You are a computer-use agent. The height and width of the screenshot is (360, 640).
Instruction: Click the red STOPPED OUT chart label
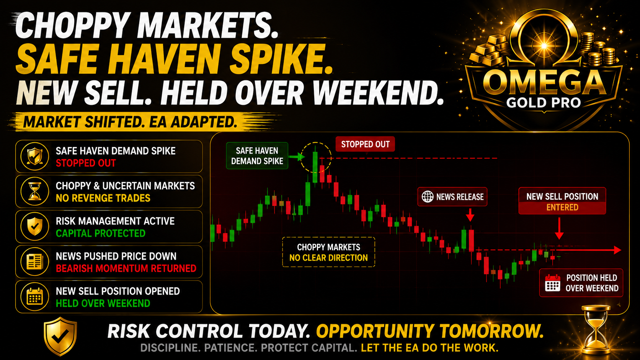click(365, 144)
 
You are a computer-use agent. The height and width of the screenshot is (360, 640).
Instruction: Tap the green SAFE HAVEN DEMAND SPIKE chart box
click(257, 156)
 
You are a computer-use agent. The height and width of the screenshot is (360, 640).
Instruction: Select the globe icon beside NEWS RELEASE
click(428, 197)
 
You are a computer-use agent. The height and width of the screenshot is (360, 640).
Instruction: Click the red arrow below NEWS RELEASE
click(470, 215)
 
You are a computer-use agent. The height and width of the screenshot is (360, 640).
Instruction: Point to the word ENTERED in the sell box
click(562, 207)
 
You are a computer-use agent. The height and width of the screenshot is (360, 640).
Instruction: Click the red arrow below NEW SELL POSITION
click(559, 228)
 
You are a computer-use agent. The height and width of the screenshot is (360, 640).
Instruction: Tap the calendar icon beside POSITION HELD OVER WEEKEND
click(553, 283)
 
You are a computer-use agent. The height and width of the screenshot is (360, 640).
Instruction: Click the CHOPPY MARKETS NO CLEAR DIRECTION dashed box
click(328, 252)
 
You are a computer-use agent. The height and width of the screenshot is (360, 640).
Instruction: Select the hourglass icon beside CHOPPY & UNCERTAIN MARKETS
click(35, 191)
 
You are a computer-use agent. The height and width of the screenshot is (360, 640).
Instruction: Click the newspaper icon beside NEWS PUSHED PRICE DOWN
click(35, 262)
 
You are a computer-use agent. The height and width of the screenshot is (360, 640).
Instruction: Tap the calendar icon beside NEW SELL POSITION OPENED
click(35, 296)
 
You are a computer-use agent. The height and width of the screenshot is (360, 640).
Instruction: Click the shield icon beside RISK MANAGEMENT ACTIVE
click(35, 226)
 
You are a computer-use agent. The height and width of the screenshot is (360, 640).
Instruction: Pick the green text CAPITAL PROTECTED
click(101, 233)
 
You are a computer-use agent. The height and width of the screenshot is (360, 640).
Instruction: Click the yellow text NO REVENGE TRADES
click(103, 198)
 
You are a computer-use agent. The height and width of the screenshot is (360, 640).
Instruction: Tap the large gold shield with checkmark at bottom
click(60, 336)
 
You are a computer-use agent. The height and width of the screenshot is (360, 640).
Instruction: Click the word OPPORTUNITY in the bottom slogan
click(376, 331)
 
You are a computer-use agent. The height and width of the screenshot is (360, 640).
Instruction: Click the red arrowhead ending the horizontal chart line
click(617, 250)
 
